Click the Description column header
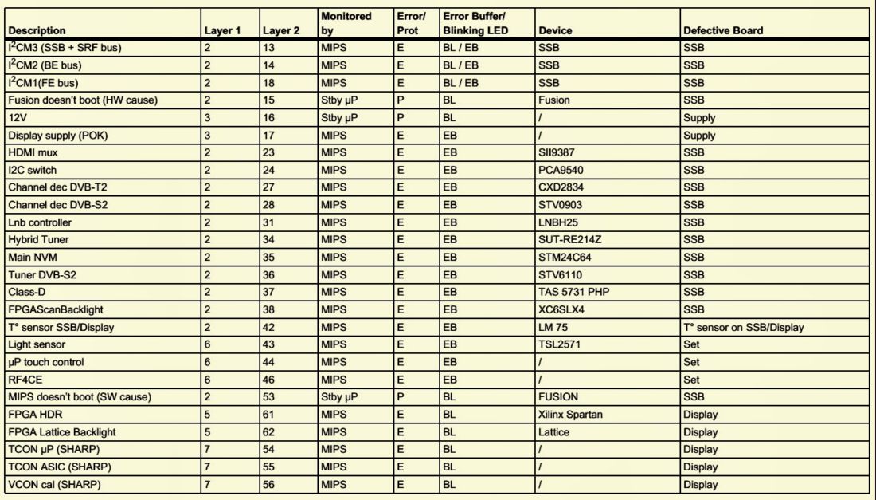[x=37, y=31]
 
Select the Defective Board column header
[x=722, y=31]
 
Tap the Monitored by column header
[x=346, y=23]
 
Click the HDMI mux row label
[x=33, y=152]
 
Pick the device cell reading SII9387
[x=558, y=152]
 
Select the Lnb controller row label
[x=40, y=222]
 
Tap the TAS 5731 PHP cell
[x=573, y=292]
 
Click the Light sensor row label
[x=37, y=344]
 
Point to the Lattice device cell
[x=554, y=432]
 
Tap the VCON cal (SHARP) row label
[x=54, y=485]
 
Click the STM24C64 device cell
[x=565, y=258]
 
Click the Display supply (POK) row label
[x=57, y=135]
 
